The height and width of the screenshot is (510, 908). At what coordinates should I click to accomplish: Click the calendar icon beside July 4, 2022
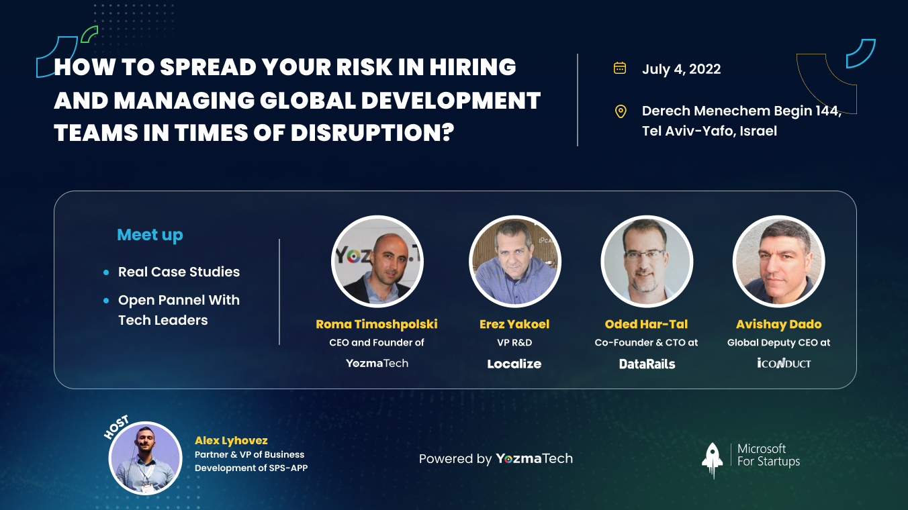tap(620, 68)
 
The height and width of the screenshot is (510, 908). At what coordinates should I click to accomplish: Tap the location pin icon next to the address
tap(621, 111)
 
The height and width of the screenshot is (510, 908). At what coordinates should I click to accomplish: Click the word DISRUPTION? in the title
tap(372, 132)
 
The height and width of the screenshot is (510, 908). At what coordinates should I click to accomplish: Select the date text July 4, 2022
tap(682, 69)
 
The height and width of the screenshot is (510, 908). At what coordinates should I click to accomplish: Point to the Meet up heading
tap(150, 235)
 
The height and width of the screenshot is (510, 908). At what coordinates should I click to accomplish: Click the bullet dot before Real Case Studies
tap(106, 272)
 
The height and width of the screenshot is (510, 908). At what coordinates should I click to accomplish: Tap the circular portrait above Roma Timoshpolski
tap(377, 261)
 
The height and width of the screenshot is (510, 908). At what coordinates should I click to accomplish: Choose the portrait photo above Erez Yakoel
tap(515, 261)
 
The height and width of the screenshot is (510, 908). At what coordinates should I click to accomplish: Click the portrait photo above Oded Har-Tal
tap(647, 261)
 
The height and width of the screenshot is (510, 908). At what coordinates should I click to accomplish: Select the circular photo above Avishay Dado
tap(778, 261)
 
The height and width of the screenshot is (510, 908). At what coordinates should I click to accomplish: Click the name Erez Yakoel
tap(514, 324)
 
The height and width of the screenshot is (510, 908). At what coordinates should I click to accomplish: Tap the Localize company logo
tap(514, 364)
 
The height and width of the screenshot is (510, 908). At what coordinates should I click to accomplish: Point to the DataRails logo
tap(647, 364)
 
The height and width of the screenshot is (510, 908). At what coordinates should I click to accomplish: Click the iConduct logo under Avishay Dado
tap(784, 363)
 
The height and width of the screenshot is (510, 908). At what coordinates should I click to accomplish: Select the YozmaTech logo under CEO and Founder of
tap(377, 363)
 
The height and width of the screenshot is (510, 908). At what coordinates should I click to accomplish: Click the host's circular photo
tap(146, 458)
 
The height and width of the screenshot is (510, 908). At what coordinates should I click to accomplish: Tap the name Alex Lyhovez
tap(231, 440)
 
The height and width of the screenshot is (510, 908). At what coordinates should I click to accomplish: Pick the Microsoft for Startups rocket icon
tap(712, 460)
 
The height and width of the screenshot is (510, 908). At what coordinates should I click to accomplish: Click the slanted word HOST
tap(116, 427)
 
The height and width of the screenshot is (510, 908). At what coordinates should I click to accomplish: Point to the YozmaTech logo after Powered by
tap(535, 458)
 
